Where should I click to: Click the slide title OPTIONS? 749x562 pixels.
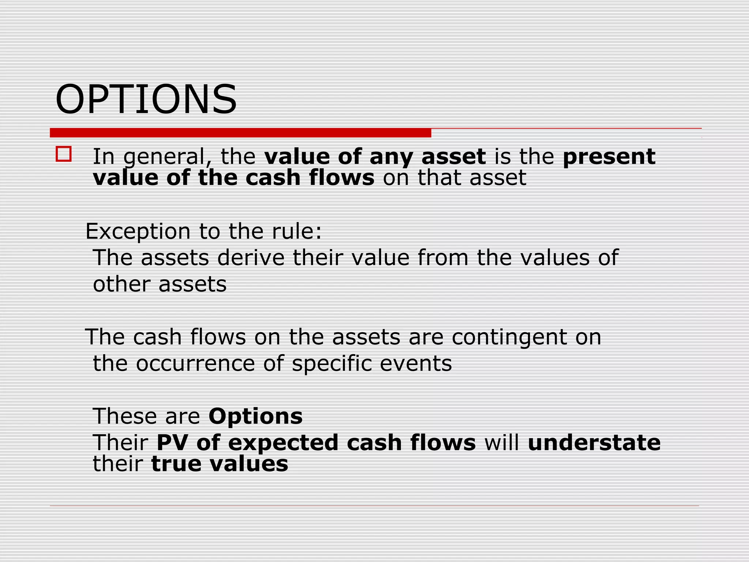[x=146, y=100]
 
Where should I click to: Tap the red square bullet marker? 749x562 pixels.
[x=64, y=154]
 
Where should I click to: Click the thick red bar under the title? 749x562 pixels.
[x=240, y=133]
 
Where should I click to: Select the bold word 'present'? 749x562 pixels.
[x=609, y=157]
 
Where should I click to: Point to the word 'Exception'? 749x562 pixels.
[x=138, y=232]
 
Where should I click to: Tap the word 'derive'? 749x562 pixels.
[x=251, y=258]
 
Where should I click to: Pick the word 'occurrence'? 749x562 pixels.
[x=195, y=364]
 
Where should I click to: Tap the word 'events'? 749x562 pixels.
[x=416, y=364]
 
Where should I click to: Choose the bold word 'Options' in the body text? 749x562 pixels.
[x=256, y=417]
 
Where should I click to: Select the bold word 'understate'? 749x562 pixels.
[x=594, y=443]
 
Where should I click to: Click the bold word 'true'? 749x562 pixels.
[x=177, y=464]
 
